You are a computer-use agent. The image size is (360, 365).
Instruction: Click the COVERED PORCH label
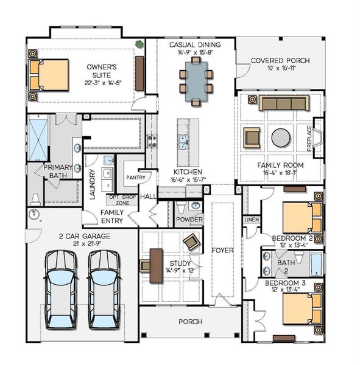(280, 61)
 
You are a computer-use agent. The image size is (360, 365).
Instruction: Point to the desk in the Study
(150, 263)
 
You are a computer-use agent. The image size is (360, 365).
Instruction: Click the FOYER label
(222, 250)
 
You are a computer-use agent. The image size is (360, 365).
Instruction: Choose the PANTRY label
(135, 178)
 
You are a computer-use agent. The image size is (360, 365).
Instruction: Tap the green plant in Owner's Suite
(139, 44)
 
